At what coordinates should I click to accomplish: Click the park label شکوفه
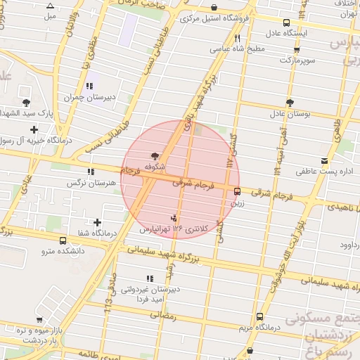pyautogui.click(x=154, y=167)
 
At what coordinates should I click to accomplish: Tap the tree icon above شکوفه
pyautogui.click(x=154, y=155)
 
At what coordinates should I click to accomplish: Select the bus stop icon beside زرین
pyautogui.click(x=236, y=191)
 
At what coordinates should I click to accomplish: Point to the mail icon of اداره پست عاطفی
pyautogui.click(x=323, y=160)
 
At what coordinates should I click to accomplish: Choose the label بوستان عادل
pyautogui.click(x=289, y=113)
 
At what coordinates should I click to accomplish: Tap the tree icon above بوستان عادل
pyautogui.click(x=289, y=103)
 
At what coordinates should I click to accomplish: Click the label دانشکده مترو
pyautogui.click(x=63, y=250)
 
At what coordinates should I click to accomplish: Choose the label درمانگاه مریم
pyautogui.click(x=259, y=327)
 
